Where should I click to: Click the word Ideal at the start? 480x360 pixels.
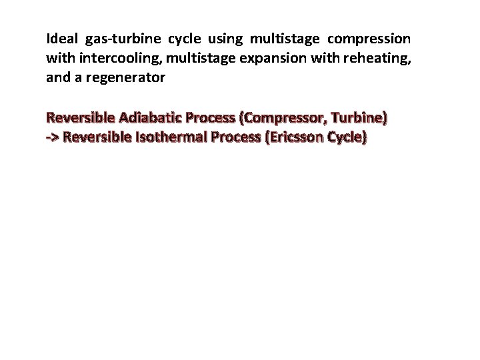click(61, 39)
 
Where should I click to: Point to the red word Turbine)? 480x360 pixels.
click(355, 119)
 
